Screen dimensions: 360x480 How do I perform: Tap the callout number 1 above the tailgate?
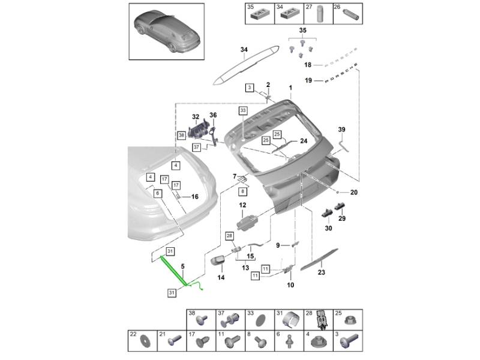[290, 88]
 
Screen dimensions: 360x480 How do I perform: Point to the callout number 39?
[342, 130]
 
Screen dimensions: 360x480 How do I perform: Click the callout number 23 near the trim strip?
[321, 272]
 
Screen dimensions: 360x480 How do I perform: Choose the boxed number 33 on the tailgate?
[242, 110]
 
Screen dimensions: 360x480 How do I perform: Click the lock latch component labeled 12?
[248, 225]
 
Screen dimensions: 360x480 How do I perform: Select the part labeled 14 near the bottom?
[218, 262]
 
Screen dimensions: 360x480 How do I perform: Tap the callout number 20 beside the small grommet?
[353, 193]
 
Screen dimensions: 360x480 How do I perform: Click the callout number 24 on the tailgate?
[303, 141]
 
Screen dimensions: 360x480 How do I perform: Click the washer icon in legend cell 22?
[146, 344]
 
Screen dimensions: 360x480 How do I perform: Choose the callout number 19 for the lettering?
[308, 80]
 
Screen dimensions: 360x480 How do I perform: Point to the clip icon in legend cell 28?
[322, 320]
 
